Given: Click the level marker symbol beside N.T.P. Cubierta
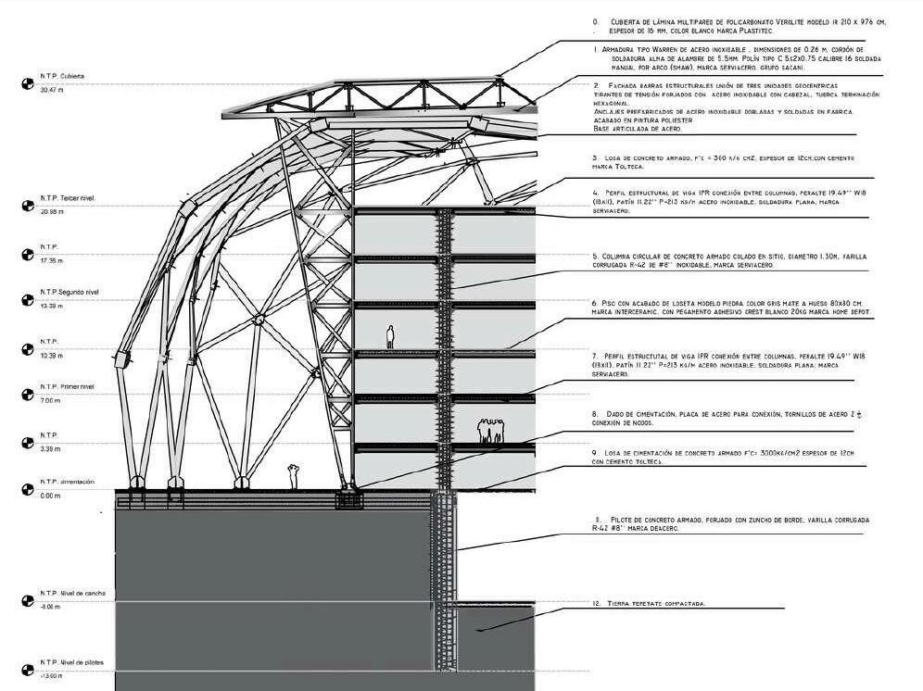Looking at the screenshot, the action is click(x=27, y=83).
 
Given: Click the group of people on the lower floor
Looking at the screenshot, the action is click(x=490, y=431).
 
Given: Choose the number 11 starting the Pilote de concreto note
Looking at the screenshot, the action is click(x=599, y=520).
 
